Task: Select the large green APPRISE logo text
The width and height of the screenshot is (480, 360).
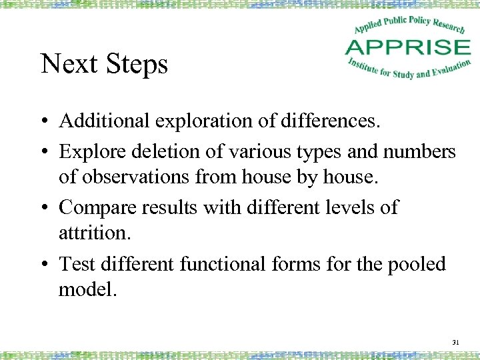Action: click(408, 47)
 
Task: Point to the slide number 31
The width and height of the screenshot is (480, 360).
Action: click(457, 342)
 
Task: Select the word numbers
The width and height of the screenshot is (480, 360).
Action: click(419, 151)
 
